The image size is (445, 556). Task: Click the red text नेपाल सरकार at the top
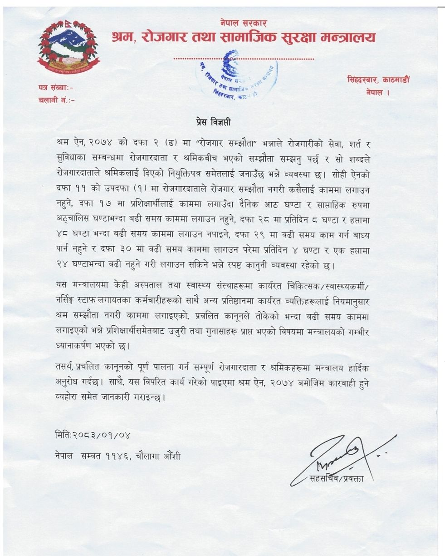tap(243, 23)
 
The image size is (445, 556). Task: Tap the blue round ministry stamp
tap(238, 75)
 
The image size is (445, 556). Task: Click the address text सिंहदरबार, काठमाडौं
tap(378, 79)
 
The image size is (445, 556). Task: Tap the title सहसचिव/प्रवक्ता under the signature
tap(336, 478)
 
